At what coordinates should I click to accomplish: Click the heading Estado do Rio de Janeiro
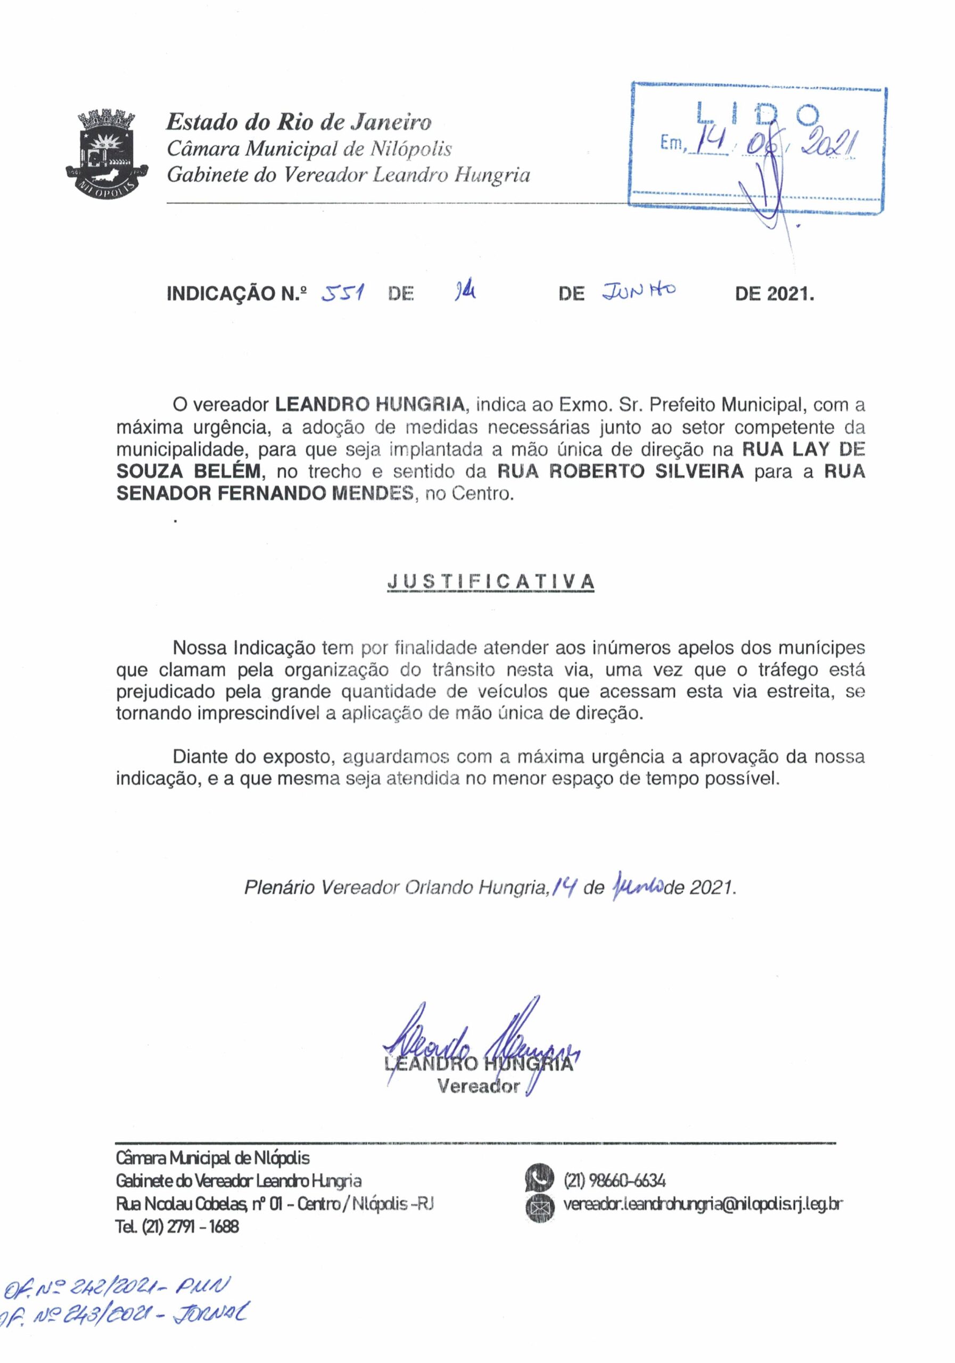299,122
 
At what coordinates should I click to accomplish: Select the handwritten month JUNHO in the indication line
639,291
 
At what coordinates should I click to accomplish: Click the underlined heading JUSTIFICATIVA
490,582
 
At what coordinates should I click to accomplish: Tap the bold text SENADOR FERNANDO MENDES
264,494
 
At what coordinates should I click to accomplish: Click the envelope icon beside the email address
538,1206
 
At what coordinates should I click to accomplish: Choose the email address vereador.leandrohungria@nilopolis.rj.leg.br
703,1204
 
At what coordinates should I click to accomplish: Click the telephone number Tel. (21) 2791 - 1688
177,1227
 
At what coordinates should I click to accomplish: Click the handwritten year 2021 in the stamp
830,143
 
